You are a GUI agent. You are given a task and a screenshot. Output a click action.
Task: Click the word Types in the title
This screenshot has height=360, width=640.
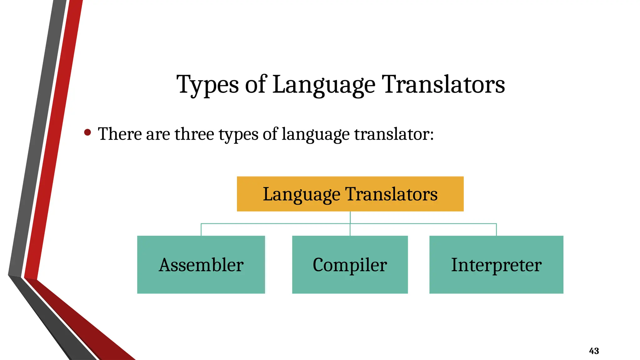pyautogui.click(x=207, y=85)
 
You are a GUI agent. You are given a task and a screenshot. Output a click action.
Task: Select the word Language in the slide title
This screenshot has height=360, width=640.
pyautogui.click(x=324, y=85)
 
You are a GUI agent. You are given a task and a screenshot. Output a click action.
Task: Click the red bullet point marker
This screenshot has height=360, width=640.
pyautogui.click(x=87, y=132)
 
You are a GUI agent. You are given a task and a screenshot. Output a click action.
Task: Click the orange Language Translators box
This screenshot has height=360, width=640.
pyautogui.click(x=350, y=194)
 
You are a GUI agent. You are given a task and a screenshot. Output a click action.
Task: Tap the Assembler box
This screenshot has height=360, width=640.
pyautogui.click(x=201, y=265)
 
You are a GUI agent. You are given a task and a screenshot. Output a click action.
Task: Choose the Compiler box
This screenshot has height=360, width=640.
pyautogui.click(x=350, y=265)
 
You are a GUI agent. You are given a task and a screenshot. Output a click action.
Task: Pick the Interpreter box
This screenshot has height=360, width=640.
pyautogui.click(x=496, y=265)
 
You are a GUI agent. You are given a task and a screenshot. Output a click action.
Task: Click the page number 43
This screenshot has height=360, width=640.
pyautogui.click(x=594, y=351)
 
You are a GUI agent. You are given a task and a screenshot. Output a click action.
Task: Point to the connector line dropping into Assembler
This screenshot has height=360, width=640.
pyautogui.click(x=201, y=230)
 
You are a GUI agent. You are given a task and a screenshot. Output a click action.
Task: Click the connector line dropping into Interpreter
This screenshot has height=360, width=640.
pyautogui.click(x=496, y=230)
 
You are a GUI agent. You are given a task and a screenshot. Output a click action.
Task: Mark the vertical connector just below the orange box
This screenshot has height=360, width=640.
pyautogui.click(x=350, y=217)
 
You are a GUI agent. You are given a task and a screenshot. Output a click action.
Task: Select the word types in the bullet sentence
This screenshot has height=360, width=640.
pyautogui.click(x=238, y=134)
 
